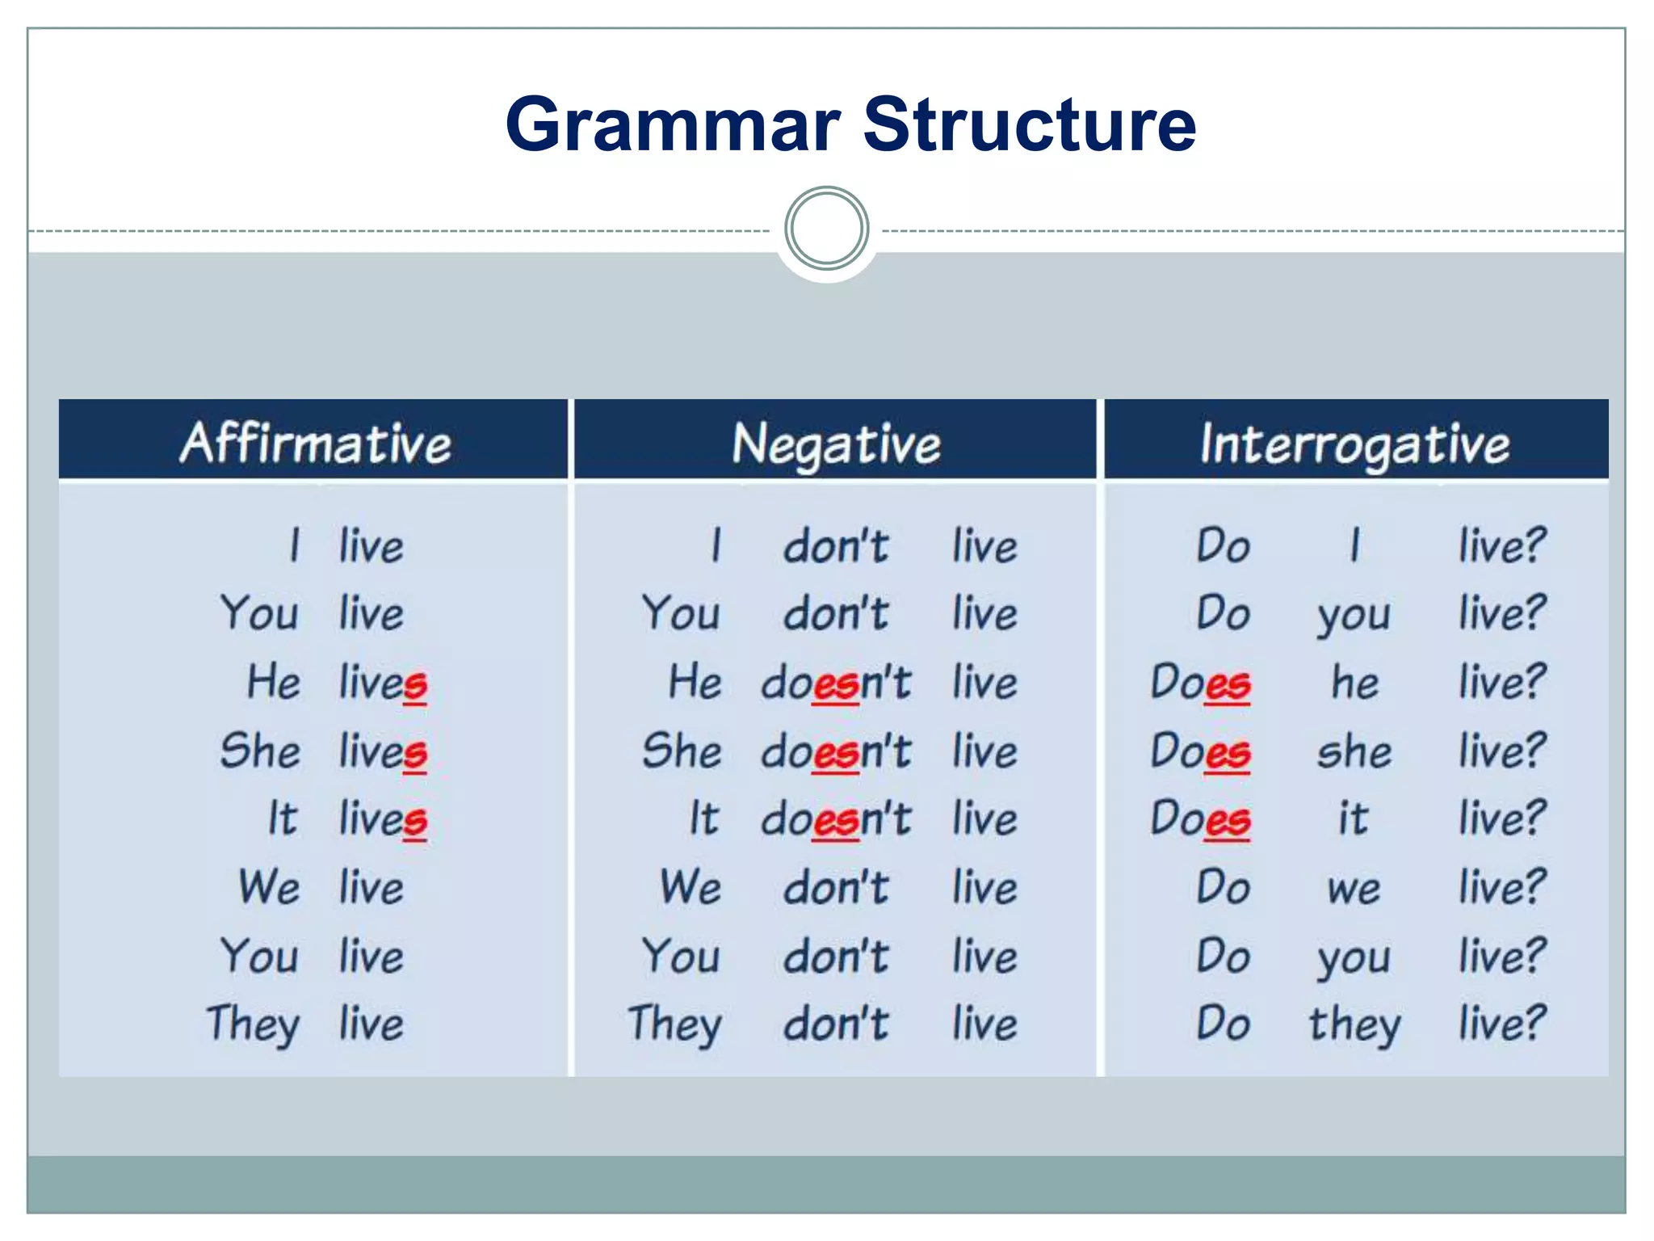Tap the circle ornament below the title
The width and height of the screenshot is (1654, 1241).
coord(826,229)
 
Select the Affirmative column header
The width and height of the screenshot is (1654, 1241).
coord(315,443)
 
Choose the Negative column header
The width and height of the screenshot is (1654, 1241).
coord(836,444)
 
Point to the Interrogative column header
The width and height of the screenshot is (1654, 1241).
coord(1354,444)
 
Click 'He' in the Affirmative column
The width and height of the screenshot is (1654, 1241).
coord(274,681)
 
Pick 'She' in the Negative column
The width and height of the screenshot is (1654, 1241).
coord(681,751)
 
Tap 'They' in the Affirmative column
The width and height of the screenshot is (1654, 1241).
coord(253,1024)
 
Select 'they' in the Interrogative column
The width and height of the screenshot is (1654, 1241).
coord(1354,1024)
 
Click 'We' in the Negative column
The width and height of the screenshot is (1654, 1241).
coord(690,887)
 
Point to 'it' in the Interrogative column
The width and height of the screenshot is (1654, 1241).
coord(1353,818)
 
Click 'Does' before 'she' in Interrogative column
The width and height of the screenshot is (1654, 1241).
coord(1200,751)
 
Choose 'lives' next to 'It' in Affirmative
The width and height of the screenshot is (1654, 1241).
coord(382,819)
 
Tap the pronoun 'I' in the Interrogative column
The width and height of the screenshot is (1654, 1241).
coord(1354,545)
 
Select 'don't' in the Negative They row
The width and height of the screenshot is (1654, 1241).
coord(836,1024)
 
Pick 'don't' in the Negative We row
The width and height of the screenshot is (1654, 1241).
coord(836,887)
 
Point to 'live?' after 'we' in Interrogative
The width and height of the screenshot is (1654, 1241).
coord(1501,887)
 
